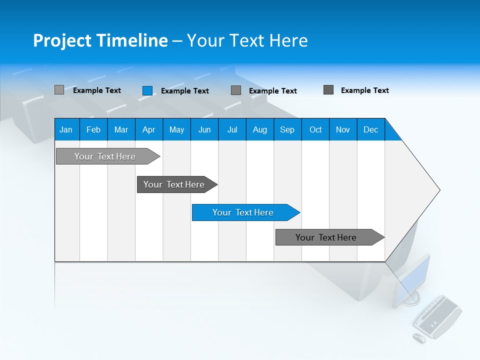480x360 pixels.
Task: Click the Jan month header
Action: [x=66, y=129]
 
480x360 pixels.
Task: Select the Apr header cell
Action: [x=148, y=129]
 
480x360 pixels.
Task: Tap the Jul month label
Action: [x=232, y=129]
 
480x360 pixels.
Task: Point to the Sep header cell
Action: [x=287, y=129]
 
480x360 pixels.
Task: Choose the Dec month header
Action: [x=370, y=129]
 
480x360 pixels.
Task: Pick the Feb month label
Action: [x=93, y=129]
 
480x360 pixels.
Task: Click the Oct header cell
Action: [x=315, y=129]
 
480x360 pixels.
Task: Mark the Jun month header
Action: [x=204, y=129]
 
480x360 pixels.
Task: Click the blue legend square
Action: [x=147, y=90]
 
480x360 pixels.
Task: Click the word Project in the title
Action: [x=62, y=40]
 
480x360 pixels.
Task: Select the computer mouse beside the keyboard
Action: [x=419, y=338]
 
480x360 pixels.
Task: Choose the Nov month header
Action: [x=343, y=129]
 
